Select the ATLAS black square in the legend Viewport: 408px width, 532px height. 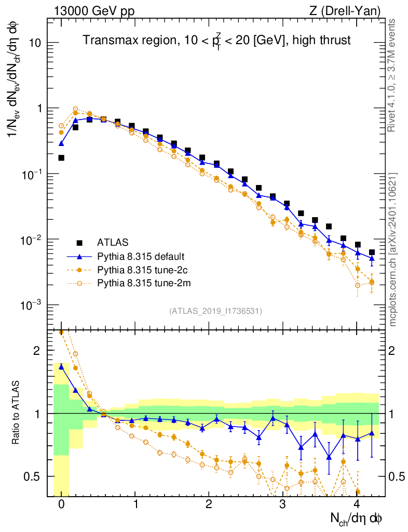[x=79, y=243]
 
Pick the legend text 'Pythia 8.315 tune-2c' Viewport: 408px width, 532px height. [x=140, y=270]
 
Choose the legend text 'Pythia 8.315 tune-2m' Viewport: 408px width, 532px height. [x=141, y=283]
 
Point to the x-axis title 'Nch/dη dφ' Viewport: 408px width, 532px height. [x=357, y=518]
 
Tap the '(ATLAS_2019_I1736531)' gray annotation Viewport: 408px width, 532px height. [x=215, y=311]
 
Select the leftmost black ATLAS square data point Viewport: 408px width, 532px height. [x=61, y=157]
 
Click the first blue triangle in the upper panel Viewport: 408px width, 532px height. [x=61, y=143]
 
